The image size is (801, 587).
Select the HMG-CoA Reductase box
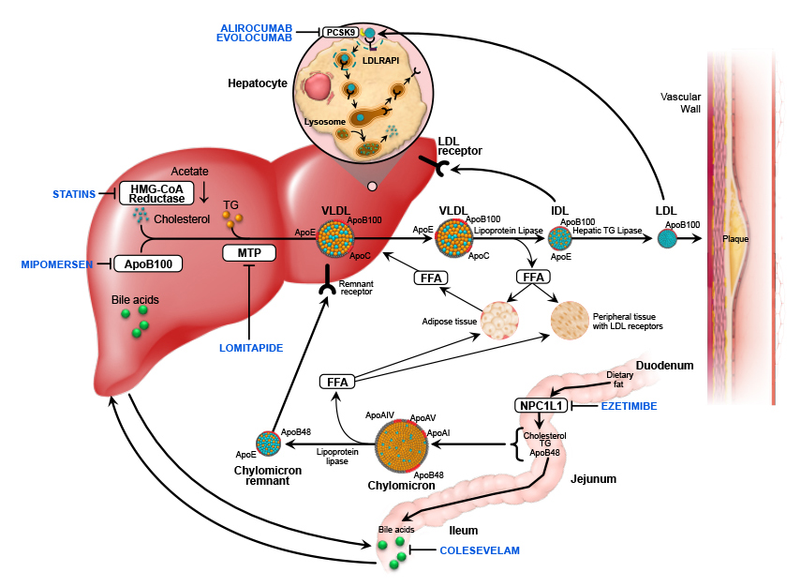[x=156, y=192]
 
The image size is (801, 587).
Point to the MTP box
[x=247, y=253]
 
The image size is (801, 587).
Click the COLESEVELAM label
[x=479, y=549]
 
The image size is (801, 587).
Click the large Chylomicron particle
[x=402, y=445]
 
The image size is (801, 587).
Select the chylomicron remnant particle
[x=270, y=442]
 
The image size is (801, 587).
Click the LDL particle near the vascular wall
[x=667, y=239]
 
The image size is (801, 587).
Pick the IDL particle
[x=560, y=239]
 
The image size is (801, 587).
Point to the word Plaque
[x=735, y=239]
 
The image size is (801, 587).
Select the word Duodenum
[x=664, y=364]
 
